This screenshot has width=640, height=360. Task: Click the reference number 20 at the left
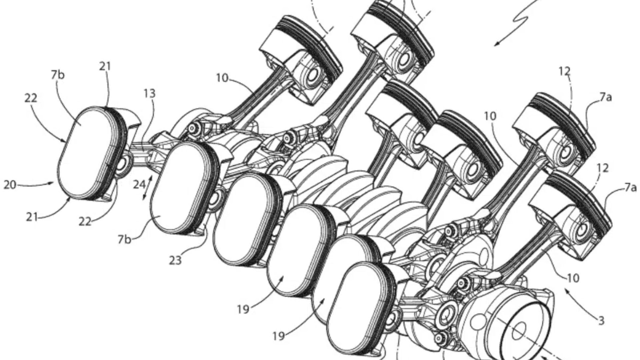coord(10,185)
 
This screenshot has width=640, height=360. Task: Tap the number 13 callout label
coord(150,94)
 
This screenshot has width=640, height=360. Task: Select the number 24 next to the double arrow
coord(139,184)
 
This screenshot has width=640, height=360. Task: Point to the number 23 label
coord(175,260)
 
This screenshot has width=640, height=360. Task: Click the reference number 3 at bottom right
coord(601,321)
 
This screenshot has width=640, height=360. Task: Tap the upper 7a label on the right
coord(606,97)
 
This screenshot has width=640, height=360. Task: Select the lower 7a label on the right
coord(630,188)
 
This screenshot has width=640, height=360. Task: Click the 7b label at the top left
coord(58,75)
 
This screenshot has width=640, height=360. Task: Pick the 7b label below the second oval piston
coord(124,239)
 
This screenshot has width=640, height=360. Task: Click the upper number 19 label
coord(243,309)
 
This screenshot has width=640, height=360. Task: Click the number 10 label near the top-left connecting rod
coord(222,78)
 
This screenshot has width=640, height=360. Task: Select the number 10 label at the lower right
coord(573,278)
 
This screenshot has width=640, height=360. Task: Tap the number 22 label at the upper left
coord(31,98)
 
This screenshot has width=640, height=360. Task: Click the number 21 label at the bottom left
coord(32,218)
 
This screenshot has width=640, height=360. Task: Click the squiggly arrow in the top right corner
coord(520,20)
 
